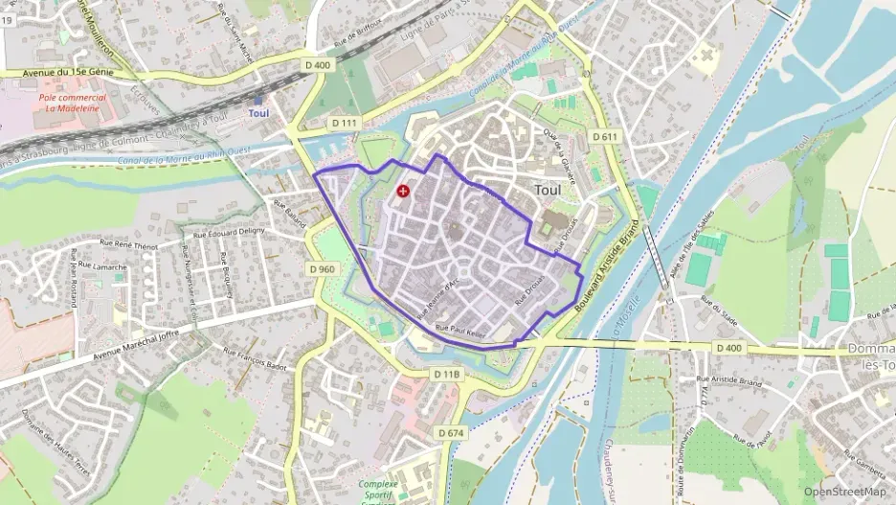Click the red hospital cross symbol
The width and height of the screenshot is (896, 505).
[x=403, y=192]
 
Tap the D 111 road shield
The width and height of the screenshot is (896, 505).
[x=345, y=124]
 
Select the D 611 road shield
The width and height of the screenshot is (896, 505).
[x=604, y=137]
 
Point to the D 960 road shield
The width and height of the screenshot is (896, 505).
[x=324, y=269]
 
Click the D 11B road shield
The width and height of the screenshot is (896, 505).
[x=446, y=374]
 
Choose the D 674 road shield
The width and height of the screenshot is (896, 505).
[x=451, y=433]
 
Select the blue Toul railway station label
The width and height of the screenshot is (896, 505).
[x=258, y=113]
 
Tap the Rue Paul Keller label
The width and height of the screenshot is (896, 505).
[x=461, y=331]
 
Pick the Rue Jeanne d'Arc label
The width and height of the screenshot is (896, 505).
[x=439, y=298]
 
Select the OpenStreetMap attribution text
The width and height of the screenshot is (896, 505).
[x=844, y=492]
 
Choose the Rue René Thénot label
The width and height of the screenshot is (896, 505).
[x=133, y=245]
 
